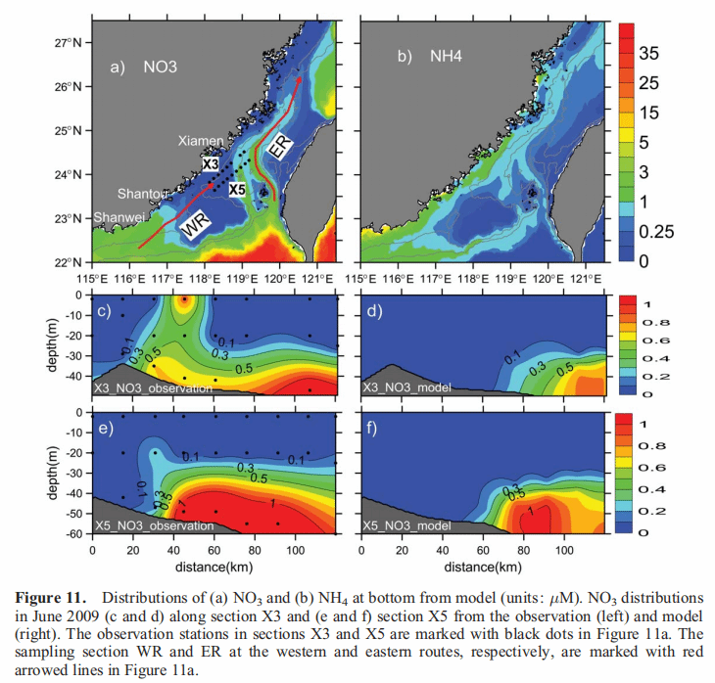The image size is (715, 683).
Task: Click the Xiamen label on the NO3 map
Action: [201, 142]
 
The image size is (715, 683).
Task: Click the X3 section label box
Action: [210, 165]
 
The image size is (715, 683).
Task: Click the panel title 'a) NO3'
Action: [142, 68]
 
